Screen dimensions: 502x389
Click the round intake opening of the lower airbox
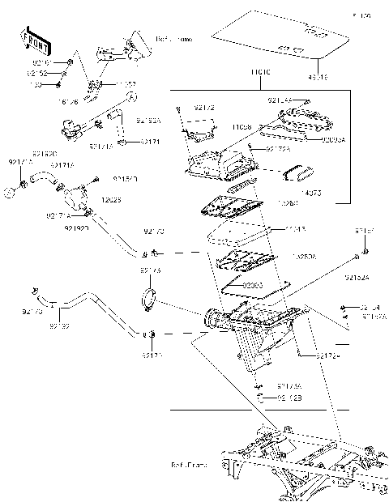point(212,318)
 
